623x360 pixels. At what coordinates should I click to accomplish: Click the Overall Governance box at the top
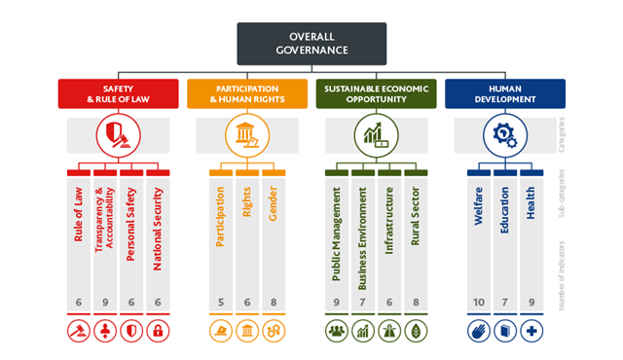point(311,43)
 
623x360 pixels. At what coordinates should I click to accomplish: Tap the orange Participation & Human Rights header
point(247,94)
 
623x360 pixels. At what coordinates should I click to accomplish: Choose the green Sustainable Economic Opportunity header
point(376,94)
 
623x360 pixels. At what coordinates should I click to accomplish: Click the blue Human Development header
point(505,94)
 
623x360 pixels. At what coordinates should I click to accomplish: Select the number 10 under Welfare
point(479,303)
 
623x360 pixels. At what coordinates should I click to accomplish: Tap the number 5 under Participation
point(221,303)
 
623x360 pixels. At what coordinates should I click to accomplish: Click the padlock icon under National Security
point(158,331)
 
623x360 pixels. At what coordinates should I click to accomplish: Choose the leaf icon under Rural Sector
point(416,331)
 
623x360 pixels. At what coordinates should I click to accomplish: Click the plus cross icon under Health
point(531,331)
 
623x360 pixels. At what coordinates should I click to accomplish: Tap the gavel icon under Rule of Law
point(79,331)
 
